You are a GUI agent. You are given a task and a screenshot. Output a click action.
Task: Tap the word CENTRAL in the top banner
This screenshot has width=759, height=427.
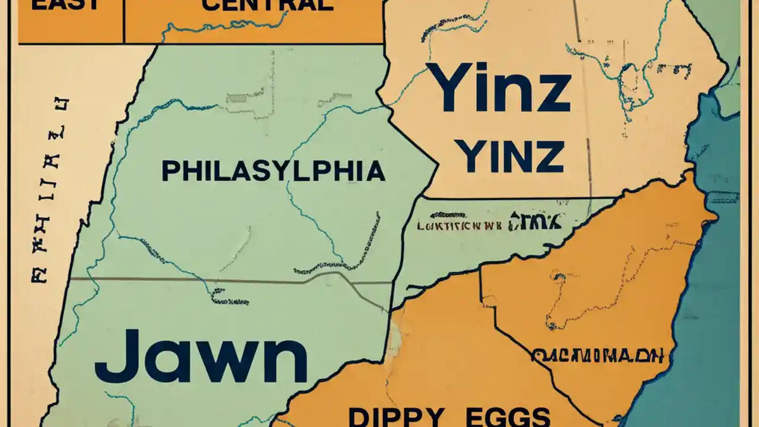[267, 5]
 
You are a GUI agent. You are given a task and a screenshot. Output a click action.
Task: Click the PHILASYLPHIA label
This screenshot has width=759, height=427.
[273, 171]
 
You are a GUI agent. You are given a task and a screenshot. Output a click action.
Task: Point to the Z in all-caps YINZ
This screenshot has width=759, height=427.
[548, 157]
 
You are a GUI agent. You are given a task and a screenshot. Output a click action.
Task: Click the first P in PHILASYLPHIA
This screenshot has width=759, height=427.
[170, 171]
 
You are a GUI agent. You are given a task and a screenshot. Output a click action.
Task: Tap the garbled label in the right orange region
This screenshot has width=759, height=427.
[598, 356]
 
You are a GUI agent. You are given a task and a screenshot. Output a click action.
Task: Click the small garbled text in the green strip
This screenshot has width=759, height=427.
[490, 224]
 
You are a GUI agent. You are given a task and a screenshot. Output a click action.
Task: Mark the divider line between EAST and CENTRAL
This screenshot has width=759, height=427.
[124, 21]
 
